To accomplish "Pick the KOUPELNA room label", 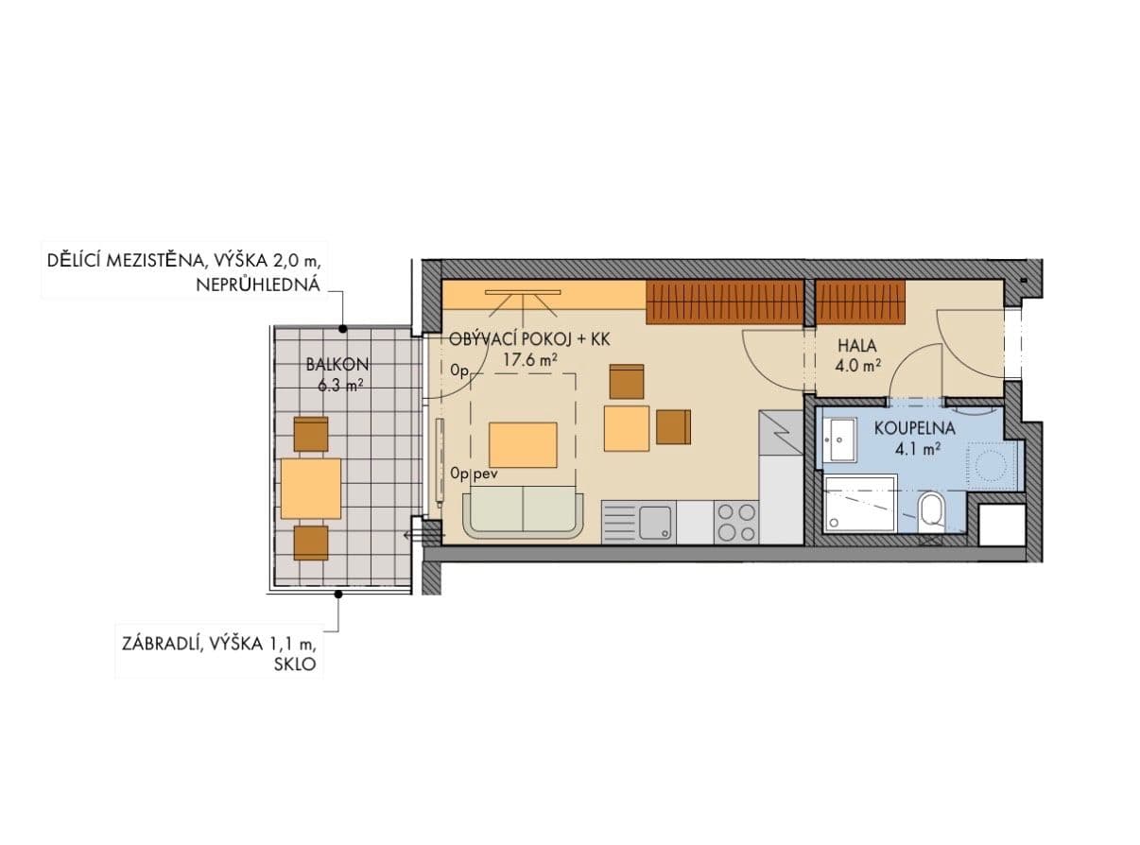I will coord(914,428).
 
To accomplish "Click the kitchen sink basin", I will coord(654,522).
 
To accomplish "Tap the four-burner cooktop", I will coord(736,522).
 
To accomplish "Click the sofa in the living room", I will coord(523,514).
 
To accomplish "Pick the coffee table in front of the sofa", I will coord(523,444).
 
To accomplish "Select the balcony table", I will coord(311,488).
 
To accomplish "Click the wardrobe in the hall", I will coord(860,302).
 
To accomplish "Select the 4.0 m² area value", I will coord(858,364).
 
